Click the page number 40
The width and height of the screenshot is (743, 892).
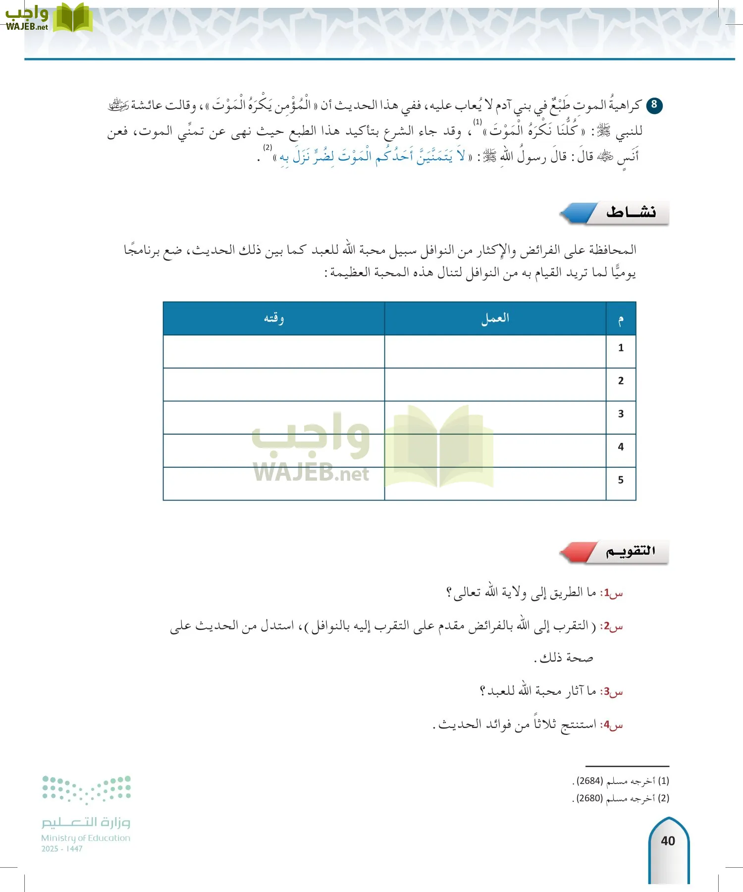tap(668, 841)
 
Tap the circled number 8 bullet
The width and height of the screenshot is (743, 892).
tap(654, 105)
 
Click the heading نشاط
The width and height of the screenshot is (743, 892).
tap(631, 213)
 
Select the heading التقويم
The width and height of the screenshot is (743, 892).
tap(630, 551)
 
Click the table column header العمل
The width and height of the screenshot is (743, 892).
tap(495, 318)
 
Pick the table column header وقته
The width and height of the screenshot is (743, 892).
tap(273, 318)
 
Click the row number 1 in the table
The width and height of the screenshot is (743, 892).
tap(621, 348)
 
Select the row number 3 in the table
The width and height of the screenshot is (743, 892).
tap(621, 414)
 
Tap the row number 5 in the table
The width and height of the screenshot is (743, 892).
tap(621, 480)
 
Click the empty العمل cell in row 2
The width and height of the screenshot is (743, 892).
tap(495, 384)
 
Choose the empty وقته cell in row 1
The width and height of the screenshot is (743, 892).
tap(273, 351)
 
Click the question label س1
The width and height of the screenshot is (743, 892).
tap(611, 593)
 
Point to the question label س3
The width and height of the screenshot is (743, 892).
tap(611, 691)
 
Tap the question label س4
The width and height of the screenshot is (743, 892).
tap(611, 725)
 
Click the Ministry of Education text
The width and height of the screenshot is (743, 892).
tap(86, 838)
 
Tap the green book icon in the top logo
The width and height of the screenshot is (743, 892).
tap(72, 18)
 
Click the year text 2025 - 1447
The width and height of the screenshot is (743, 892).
tap(62, 849)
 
